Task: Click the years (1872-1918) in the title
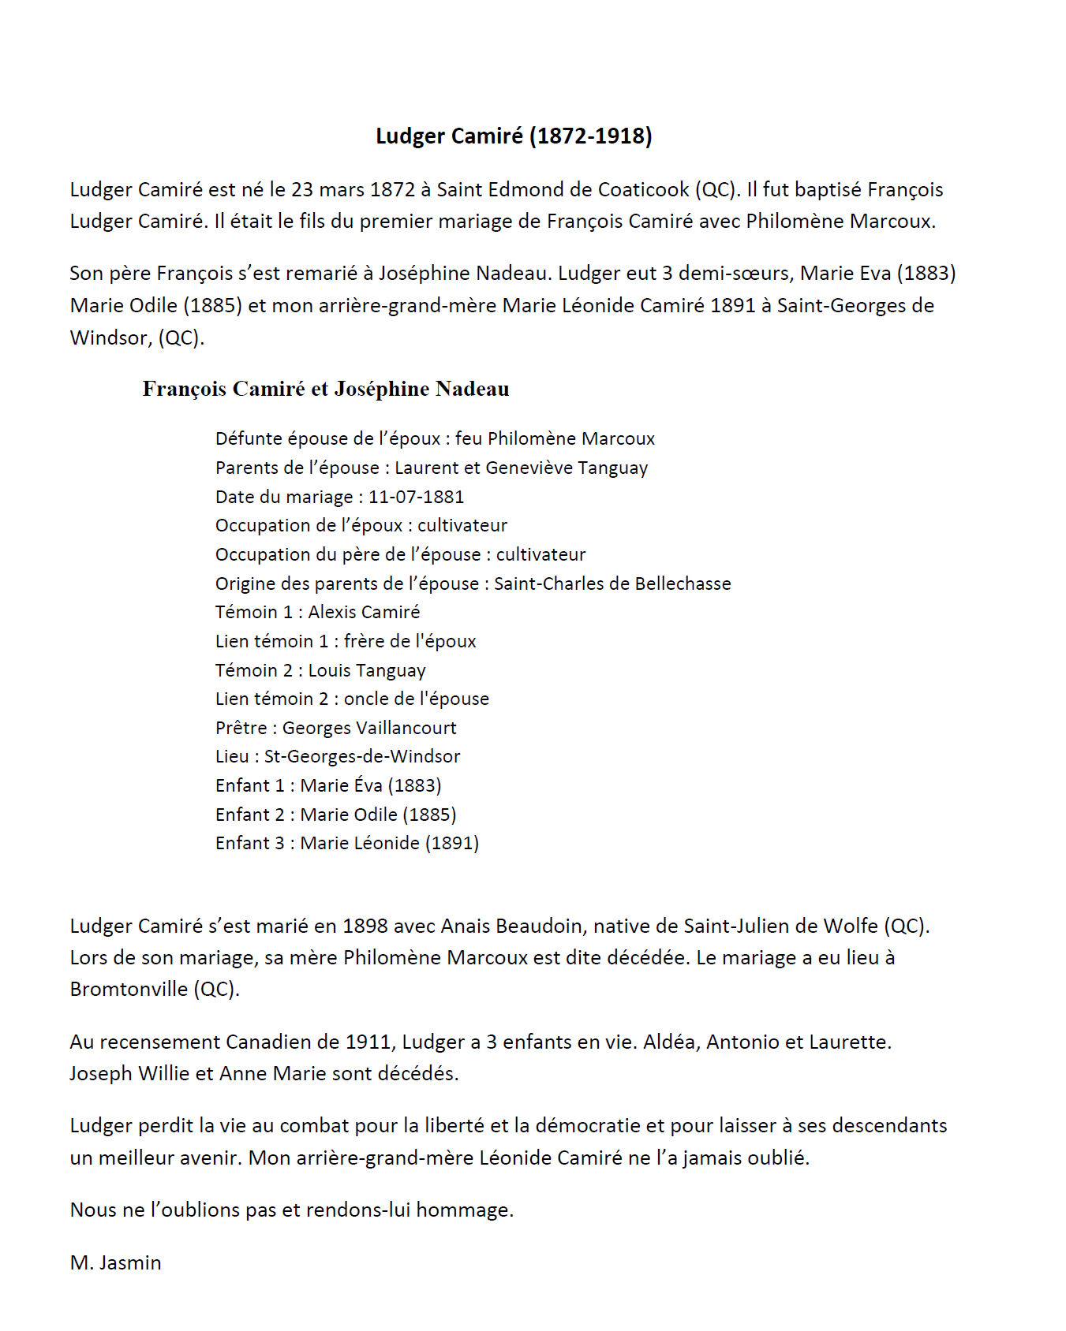point(590,136)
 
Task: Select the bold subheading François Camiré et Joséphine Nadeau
point(326,389)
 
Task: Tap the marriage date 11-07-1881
point(416,497)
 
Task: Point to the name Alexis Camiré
point(364,612)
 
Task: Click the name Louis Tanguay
point(367,670)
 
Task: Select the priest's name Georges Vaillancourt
point(369,728)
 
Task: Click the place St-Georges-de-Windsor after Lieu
point(362,756)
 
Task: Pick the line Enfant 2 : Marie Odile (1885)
point(335,815)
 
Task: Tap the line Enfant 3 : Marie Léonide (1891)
point(347,843)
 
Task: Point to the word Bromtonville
point(129,989)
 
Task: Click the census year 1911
point(368,1042)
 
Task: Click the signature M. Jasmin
point(115,1262)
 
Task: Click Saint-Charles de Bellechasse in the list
point(612,583)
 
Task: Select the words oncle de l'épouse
point(416,699)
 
